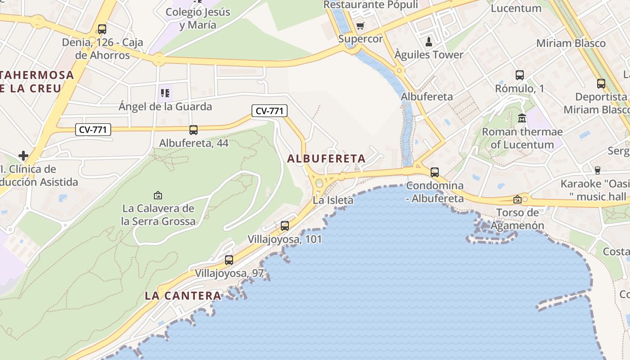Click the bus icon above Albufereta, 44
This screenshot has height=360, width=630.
click(193, 130)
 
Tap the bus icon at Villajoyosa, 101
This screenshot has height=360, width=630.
click(285, 226)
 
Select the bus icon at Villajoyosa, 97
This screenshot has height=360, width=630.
click(229, 260)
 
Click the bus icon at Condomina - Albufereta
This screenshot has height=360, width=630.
click(435, 172)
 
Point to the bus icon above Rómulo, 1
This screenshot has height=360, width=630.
click(520, 75)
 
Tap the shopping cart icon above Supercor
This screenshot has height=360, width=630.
click(360, 26)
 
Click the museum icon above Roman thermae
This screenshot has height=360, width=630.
click(522, 118)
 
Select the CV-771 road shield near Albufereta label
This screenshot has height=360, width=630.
click(269, 111)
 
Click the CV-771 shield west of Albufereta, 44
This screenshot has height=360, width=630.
click(93, 130)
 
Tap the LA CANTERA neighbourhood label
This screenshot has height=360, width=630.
click(183, 296)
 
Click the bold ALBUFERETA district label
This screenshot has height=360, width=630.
click(326, 159)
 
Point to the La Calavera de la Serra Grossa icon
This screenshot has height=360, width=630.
click(158, 195)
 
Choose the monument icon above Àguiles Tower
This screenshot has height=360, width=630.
click(429, 42)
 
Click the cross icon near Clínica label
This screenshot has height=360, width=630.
click(23, 156)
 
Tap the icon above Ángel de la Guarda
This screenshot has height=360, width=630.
click(165, 93)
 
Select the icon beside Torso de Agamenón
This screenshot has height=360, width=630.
click(517, 199)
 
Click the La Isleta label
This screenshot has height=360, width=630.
click(333, 200)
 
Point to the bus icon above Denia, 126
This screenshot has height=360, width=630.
click(102, 29)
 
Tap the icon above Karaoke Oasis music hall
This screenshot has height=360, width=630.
click(598, 170)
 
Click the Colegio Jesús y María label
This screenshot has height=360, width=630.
click(198, 18)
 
